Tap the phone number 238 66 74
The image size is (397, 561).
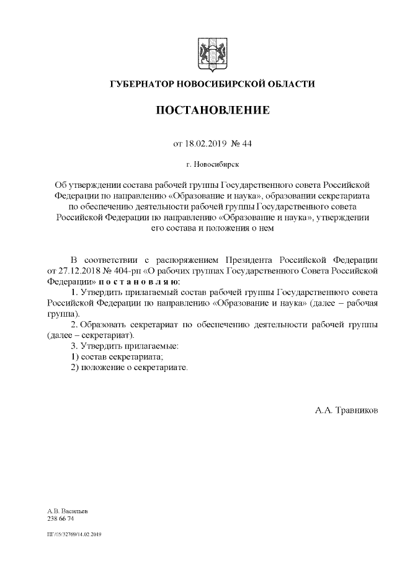pyautogui.click(x=60, y=518)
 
